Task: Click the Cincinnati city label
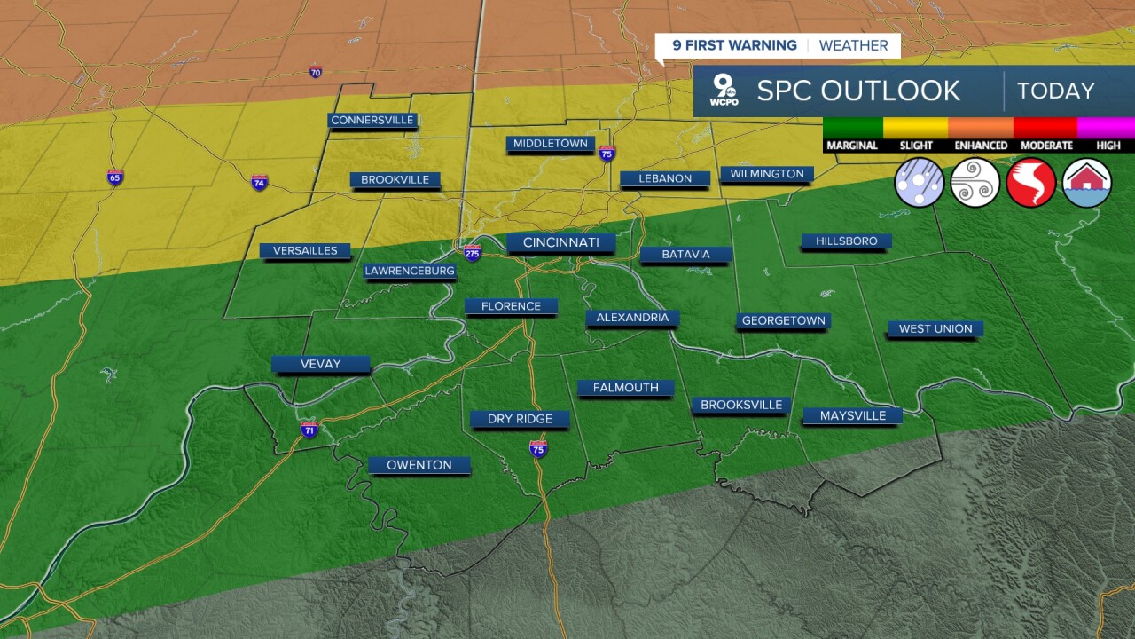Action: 561,242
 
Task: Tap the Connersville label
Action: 372,120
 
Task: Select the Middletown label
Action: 550,143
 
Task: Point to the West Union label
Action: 935,328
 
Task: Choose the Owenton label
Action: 419,464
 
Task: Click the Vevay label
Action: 320,364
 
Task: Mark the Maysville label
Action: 852,415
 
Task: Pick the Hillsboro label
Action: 846,241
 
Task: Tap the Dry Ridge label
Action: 520,419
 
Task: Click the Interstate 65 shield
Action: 115,177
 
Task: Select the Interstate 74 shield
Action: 259,182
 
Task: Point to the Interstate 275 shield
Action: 473,252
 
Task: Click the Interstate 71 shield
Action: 309,430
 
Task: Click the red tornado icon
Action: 1031,183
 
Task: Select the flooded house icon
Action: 1087,183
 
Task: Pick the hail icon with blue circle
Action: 920,183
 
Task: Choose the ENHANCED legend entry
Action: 981,145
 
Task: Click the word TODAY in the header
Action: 1055,91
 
